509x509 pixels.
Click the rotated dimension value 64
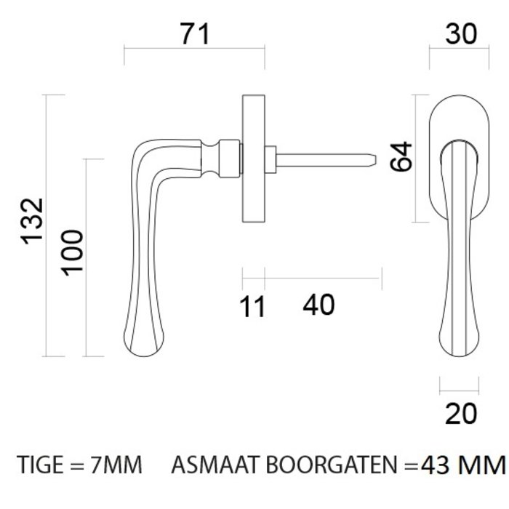coord(401,156)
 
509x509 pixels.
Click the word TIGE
coord(41,464)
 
